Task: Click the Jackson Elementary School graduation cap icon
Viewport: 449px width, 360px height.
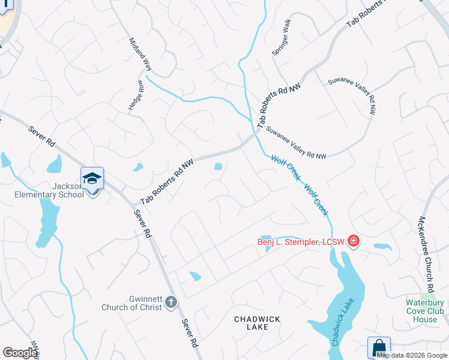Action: [x=92, y=179]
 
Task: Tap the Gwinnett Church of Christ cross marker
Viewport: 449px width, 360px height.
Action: [x=171, y=302]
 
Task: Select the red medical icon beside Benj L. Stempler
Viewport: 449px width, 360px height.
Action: [x=353, y=241]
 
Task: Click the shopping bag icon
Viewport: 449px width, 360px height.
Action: [x=379, y=348]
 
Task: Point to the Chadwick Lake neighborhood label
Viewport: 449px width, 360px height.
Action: [x=256, y=323]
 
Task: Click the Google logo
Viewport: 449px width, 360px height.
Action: [x=20, y=352]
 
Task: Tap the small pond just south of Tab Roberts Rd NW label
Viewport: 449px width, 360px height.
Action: [x=218, y=166]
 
